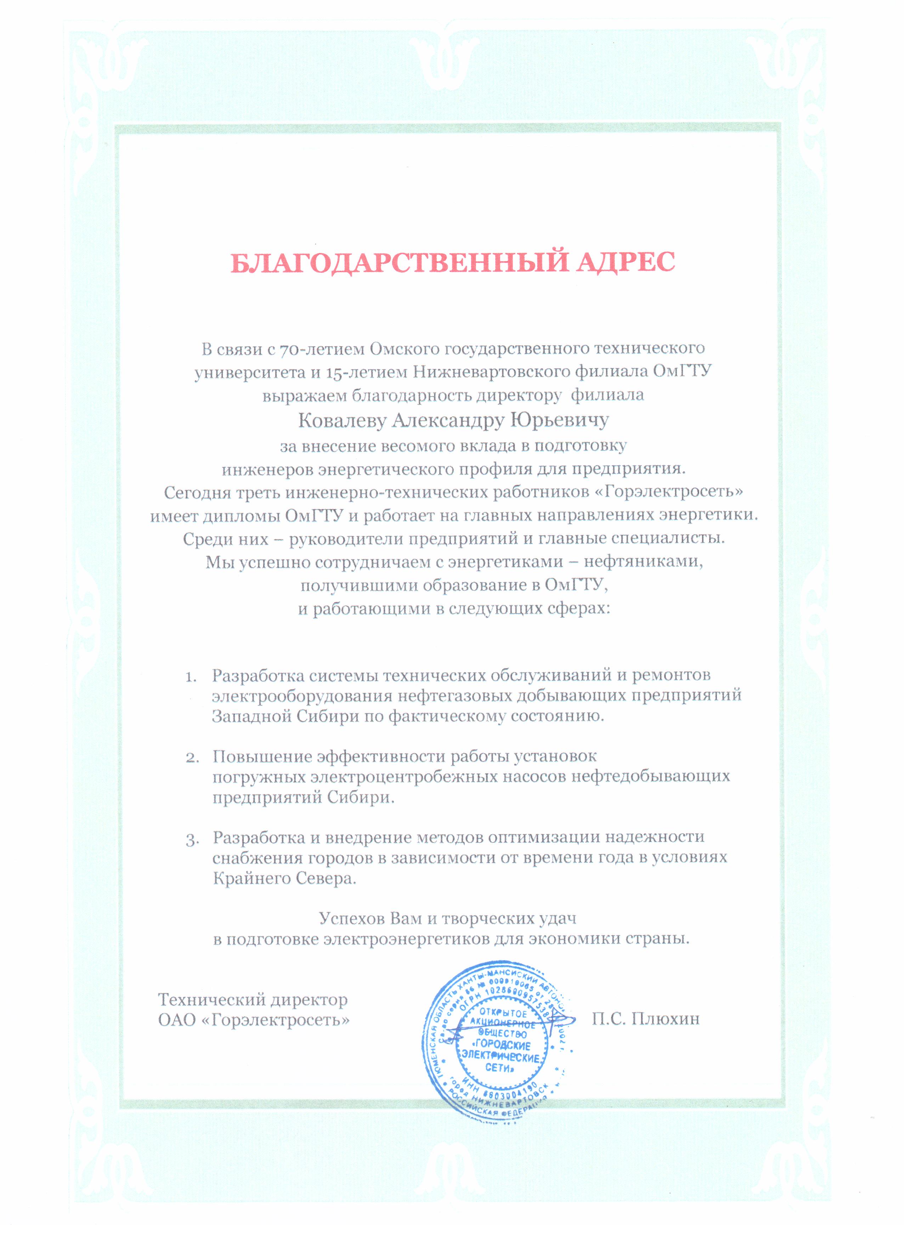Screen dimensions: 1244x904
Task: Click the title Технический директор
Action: click(x=253, y=1000)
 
